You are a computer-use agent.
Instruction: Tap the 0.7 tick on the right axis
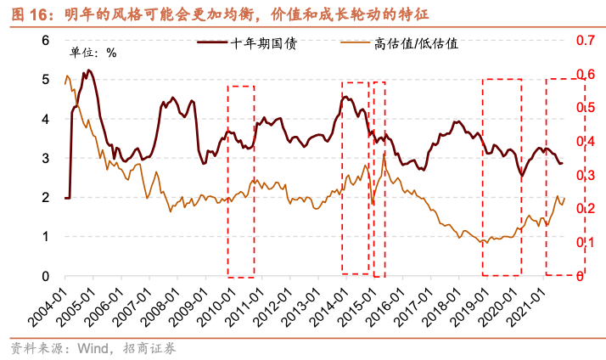point(586,40)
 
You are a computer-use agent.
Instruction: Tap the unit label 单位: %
point(93,52)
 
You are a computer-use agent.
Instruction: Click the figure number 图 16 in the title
point(24,12)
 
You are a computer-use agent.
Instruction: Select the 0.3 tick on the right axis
point(586,175)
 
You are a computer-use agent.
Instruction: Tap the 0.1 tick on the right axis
point(586,243)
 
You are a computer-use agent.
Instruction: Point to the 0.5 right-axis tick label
point(586,108)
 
